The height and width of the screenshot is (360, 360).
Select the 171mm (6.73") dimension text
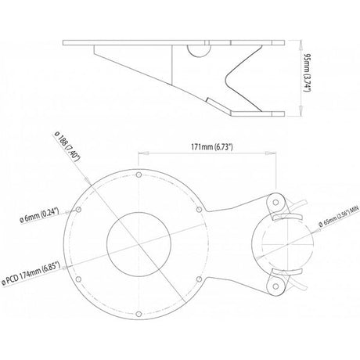pos(211,147)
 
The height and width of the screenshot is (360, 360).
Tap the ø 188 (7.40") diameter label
pos(67,146)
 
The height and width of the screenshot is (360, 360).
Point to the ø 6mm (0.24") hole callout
pos(40,214)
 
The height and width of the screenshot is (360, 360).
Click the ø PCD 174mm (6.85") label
pos(31,273)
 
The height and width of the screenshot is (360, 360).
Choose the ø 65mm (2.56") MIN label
pos(339,216)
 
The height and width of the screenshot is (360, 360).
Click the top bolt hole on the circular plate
pos(139,175)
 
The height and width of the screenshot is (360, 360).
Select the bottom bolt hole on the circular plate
pos(139,314)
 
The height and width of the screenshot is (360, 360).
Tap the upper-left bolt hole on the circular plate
pos(78,210)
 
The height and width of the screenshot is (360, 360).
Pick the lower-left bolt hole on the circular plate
pos(78,279)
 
